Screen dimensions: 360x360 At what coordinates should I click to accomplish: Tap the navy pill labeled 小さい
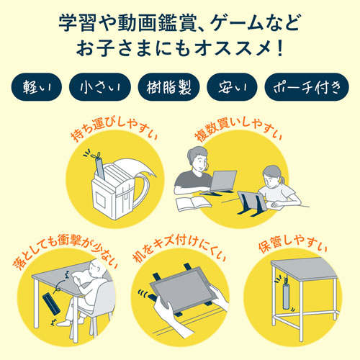(x=100, y=89)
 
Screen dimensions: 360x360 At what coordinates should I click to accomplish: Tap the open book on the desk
(x=193, y=203)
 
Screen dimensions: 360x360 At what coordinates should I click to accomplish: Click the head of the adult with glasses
(x=199, y=158)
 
